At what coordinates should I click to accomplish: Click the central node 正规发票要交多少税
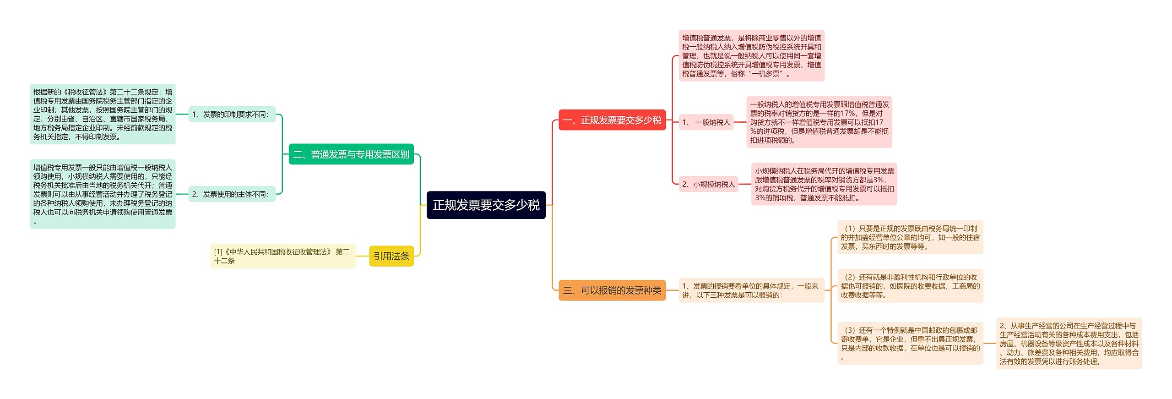[x=486, y=205]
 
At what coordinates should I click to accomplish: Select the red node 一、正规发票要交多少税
[x=612, y=120]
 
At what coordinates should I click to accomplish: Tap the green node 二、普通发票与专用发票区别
[x=351, y=154]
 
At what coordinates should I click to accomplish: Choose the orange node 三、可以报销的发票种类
[x=612, y=290]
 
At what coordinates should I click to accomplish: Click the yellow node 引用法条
[x=391, y=256]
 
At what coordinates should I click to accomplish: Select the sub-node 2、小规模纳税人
[x=708, y=184]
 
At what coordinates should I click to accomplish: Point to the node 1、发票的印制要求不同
[x=232, y=114]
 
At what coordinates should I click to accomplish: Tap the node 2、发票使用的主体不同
[x=232, y=194]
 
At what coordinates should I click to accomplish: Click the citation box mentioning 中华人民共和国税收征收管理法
[x=282, y=256]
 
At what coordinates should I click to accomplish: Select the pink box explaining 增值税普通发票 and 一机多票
[x=751, y=55]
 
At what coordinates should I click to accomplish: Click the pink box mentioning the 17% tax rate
[x=819, y=122]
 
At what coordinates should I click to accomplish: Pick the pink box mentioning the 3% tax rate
[x=824, y=184]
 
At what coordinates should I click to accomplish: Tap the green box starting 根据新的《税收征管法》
[x=103, y=114]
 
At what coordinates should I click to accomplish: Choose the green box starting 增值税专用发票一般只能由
[x=103, y=194]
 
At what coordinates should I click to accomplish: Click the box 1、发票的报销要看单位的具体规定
[x=751, y=290]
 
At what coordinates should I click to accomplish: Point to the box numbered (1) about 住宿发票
[x=910, y=237]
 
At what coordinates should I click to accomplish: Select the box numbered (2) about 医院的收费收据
[x=910, y=286]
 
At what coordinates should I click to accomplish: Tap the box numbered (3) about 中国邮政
[x=910, y=344]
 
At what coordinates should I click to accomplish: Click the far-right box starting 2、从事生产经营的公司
[x=1069, y=344]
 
